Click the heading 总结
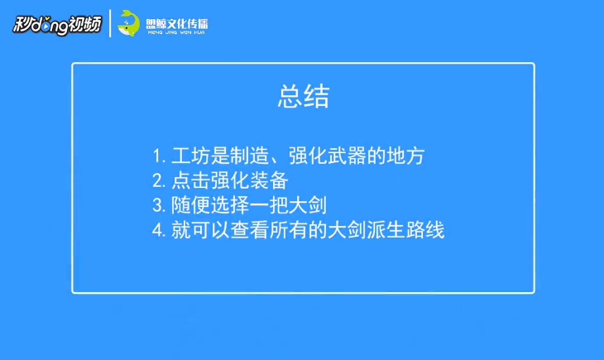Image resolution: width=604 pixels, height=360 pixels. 304,96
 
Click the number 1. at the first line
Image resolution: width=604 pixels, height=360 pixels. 159,156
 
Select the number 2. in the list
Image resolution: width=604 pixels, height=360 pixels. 159,180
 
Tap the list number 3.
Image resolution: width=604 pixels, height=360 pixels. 159,205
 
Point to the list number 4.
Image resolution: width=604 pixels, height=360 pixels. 159,230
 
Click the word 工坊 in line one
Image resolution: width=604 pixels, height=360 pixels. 190,156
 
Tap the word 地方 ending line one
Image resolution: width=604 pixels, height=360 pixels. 405,156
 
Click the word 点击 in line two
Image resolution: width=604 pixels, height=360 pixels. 190,180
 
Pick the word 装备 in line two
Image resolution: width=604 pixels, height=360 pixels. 269,180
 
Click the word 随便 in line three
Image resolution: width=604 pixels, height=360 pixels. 190,205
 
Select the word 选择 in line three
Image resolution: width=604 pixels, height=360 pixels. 229,205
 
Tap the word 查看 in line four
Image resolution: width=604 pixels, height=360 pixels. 249,230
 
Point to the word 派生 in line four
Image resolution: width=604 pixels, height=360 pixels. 386,230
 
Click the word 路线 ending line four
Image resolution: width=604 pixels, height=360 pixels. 425,230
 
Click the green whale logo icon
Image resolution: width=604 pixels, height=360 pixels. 128,23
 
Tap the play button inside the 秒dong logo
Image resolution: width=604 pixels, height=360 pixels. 46,26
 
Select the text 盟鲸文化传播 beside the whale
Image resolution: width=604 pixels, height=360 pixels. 177,24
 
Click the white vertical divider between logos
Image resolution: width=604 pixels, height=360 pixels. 110,23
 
